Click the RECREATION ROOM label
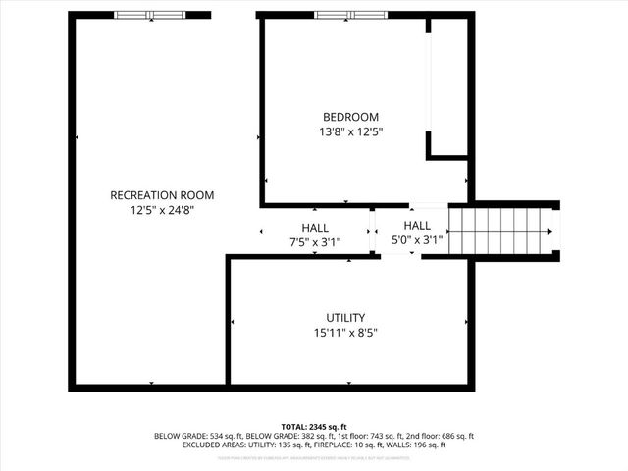[162, 195]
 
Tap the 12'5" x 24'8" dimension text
[162, 210]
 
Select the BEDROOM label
[350, 117]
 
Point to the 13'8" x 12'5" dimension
[350, 131]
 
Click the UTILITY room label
[345, 318]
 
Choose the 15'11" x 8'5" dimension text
[345, 333]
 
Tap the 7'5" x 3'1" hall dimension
[315, 241]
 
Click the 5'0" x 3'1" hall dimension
[417, 239]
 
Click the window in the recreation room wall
[148, 15]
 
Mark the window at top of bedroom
[348, 15]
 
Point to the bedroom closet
[447, 88]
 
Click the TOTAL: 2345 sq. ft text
[314, 427]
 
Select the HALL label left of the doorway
[315, 228]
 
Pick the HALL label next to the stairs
[417, 226]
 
